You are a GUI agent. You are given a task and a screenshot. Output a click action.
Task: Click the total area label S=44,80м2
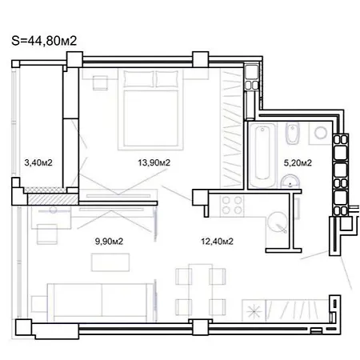(44, 41)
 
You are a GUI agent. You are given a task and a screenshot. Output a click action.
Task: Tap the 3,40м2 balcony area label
(38, 162)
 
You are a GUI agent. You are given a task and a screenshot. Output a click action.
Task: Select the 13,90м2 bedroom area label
(154, 162)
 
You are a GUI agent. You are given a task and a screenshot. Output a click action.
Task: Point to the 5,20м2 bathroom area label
(298, 162)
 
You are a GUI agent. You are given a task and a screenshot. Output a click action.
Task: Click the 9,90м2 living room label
(109, 242)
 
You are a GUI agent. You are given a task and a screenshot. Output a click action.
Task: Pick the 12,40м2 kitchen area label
(217, 242)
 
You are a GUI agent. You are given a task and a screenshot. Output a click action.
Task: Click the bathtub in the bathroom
(262, 155)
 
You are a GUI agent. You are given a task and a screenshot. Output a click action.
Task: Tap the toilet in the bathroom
(293, 134)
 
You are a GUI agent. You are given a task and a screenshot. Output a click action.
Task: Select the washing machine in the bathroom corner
(321, 133)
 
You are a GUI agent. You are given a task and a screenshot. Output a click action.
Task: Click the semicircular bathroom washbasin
(290, 182)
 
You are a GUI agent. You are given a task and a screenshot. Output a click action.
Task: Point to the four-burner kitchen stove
(232, 205)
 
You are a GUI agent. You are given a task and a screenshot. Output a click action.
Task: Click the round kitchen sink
(278, 222)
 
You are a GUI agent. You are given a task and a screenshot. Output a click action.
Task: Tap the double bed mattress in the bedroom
(151, 118)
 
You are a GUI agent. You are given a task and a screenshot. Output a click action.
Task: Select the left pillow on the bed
(138, 78)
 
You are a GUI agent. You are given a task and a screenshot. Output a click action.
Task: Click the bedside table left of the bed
(100, 82)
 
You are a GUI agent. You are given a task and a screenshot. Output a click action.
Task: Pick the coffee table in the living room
(110, 262)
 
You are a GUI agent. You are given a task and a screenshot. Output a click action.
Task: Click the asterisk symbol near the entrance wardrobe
(254, 311)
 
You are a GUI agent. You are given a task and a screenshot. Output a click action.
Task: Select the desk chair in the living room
(47, 234)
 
